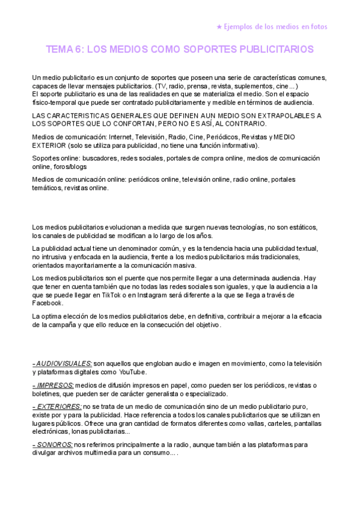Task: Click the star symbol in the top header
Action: click(x=219, y=26)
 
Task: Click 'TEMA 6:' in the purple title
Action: click(x=65, y=49)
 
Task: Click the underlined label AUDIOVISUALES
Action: click(x=63, y=364)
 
